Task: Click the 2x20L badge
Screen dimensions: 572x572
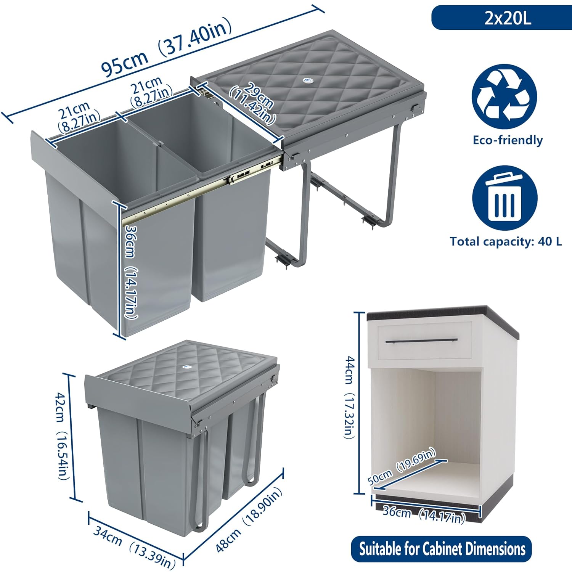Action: (501, 18)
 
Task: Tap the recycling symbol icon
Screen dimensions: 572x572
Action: (505, 96)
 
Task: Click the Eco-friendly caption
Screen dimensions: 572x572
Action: (508, 140)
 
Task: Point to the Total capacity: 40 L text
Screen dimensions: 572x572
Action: (506, 241)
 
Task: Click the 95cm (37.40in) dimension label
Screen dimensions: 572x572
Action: (167, 47)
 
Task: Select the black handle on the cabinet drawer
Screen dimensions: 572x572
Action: (421, 341)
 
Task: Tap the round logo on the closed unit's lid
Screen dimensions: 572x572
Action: (185, 366)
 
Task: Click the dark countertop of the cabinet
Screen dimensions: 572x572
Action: (442, 316)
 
